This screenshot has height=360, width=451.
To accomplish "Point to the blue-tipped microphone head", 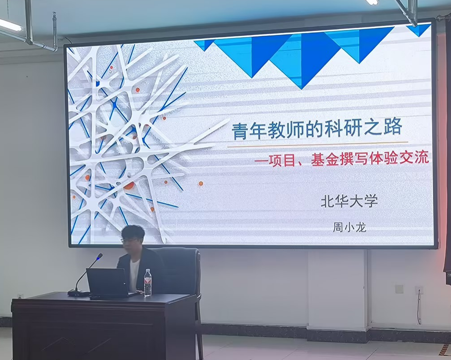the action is coord(99,257).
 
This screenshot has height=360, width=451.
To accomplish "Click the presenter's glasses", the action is coord(127,240).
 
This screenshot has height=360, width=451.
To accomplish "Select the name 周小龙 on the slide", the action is coord(349,227).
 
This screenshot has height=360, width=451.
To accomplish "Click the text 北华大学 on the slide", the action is coord(349,201).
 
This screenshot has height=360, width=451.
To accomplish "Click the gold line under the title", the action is coord(318,144).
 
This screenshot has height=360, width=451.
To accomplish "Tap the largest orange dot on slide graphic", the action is coord(129,185).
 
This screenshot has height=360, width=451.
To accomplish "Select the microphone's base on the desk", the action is coord(78,293).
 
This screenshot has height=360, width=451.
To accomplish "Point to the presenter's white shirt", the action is coord(133,273).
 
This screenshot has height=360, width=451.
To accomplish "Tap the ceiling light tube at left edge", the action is coord(10,25).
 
